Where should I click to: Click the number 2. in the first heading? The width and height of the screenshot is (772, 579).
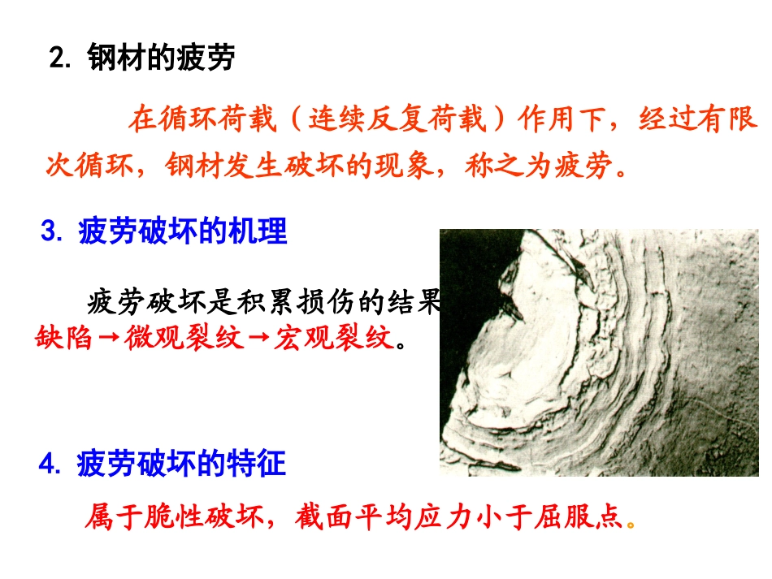coord(62,59)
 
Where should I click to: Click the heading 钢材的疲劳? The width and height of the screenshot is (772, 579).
coord(161,59)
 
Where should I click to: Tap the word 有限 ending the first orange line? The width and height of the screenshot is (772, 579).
coord(736,119)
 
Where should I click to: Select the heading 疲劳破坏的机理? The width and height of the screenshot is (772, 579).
coord(183,233)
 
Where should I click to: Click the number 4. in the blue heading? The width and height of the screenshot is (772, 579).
coord(51,465)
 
